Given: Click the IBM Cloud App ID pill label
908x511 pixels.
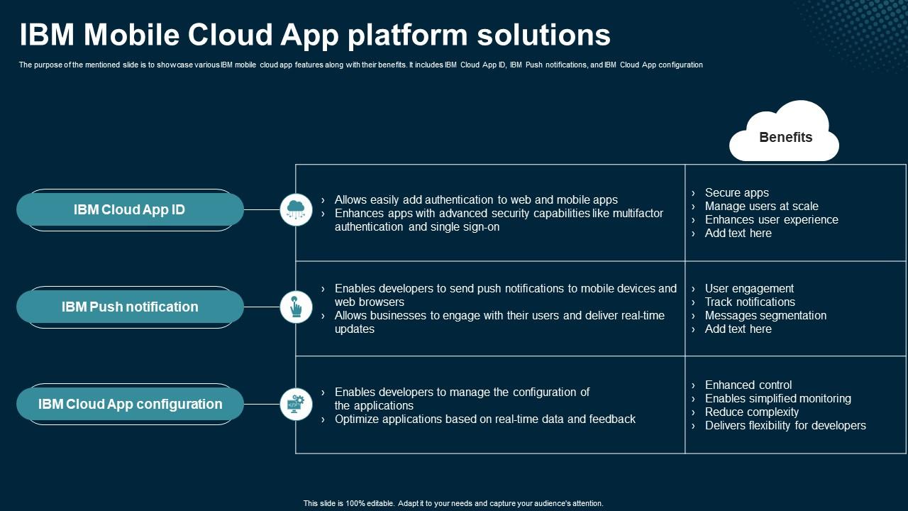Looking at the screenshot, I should pos(129,210).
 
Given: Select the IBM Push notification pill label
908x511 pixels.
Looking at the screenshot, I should pos(130,307).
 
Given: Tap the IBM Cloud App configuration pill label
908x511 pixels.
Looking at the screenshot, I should pos(130,405).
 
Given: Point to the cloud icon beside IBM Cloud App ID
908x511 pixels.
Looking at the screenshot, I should pos(296,210).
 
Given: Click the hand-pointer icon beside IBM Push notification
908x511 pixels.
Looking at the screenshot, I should pos(296,307).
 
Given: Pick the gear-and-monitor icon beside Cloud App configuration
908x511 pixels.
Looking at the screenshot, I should pos(296,404).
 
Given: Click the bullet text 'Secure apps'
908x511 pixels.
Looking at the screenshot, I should pos(736,193).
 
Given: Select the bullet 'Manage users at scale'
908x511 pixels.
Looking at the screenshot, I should pos(761,207).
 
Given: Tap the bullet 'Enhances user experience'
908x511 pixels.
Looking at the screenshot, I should pos(771,220).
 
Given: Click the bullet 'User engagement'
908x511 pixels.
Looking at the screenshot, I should pos(749,289).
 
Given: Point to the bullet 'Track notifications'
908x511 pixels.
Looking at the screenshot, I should pos(750,302).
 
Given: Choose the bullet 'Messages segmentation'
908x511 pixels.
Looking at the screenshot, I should pos(765,316).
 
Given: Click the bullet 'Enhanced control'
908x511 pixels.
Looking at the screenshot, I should pos(748,385).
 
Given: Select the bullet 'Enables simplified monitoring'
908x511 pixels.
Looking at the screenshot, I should pos(777,399).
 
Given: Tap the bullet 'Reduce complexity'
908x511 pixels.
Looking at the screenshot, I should pos(751,412).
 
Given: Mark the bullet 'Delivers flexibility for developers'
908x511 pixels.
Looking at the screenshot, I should pos(785,426).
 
